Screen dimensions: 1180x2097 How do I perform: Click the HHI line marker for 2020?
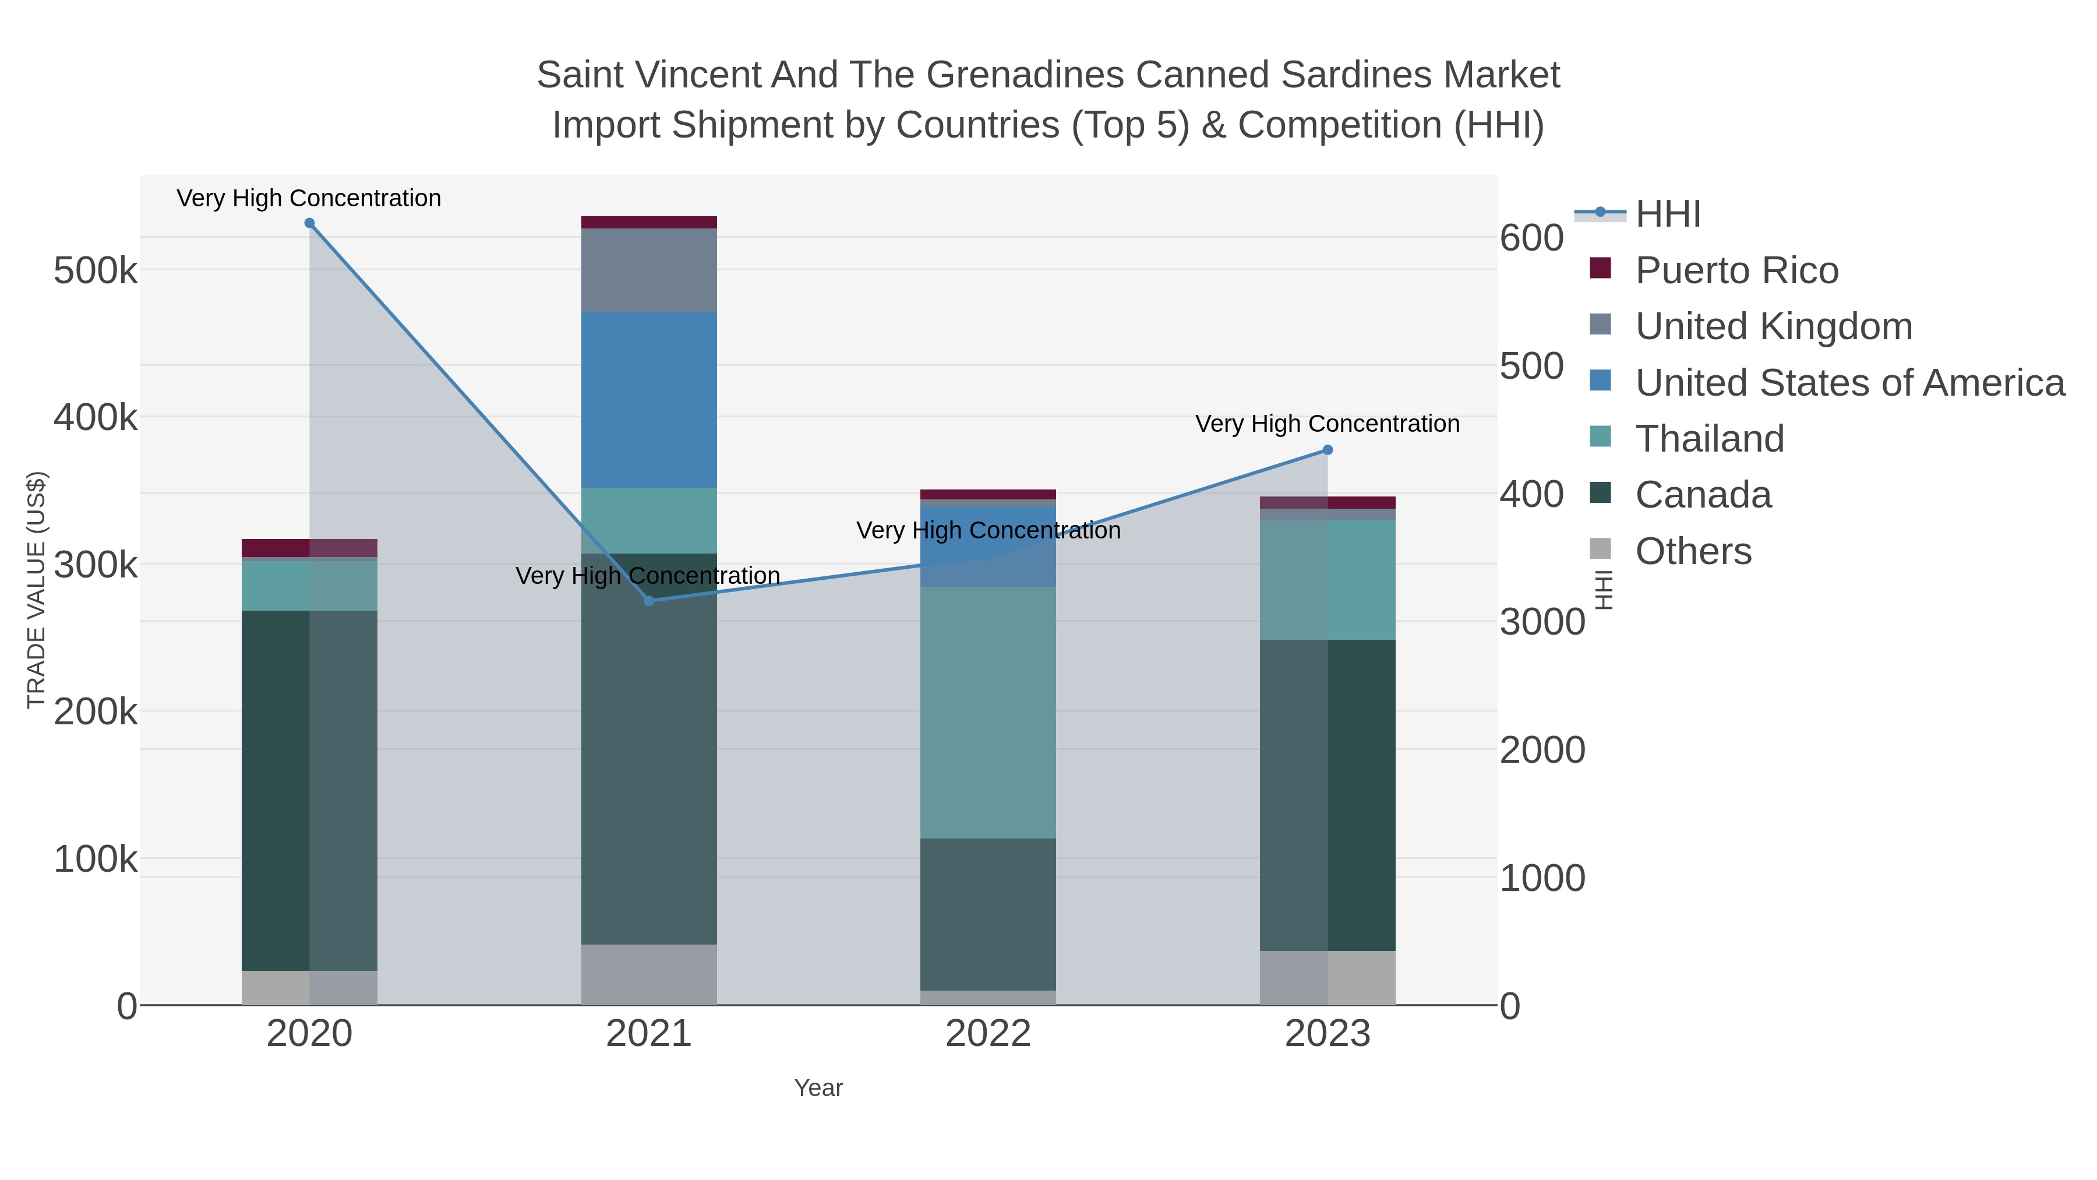click(309, 223)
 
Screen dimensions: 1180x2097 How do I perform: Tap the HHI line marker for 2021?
click(649, 601)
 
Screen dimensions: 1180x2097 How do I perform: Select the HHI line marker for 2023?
click(1328, 449)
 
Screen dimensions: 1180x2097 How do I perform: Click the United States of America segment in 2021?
click(649, 399)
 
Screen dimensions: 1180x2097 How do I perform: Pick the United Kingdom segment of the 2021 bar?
click(649, 270)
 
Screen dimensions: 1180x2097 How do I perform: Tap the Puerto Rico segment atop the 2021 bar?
click(649, 223)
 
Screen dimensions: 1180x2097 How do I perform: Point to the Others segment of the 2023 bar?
click(1328, 977)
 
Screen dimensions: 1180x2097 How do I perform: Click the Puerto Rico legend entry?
click(1736, 270)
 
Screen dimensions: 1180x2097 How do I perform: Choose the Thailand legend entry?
click(1710, 439)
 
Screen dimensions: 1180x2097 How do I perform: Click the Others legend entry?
click(1693, 551)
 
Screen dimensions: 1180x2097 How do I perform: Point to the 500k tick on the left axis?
click(96, 270)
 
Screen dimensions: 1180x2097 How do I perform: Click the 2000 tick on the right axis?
click(1542, 750)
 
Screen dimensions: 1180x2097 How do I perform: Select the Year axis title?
click(818, 1088)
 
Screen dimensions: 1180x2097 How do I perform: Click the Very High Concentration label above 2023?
click(1327, 424)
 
